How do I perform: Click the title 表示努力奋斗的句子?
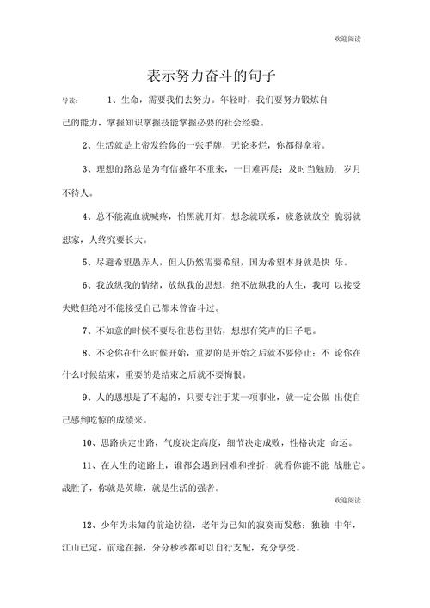pyautogui.click(x=215, y=74)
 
